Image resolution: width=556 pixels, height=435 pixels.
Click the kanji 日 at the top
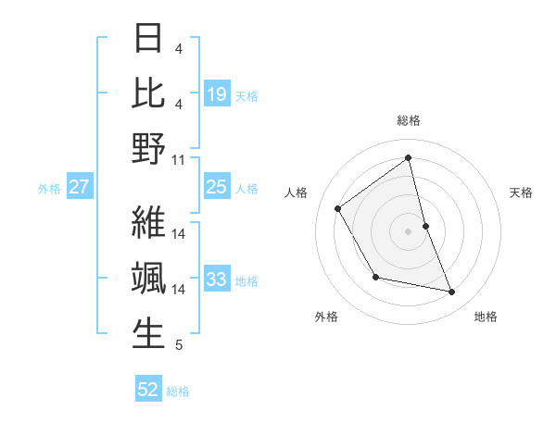coord(148,39)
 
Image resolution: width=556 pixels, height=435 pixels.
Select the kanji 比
coord(148,93)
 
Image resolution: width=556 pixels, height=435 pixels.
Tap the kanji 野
coord(148,149)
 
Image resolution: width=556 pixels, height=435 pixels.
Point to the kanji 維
coord(148,222)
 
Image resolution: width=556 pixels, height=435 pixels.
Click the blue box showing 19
coord(217,94)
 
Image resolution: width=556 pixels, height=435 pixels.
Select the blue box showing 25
coord(217,187)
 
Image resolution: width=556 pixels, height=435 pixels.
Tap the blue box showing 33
coord(217,280)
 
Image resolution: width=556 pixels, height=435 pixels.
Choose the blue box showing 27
coord(80,187)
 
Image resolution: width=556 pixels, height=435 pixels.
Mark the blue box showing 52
coord(148,390)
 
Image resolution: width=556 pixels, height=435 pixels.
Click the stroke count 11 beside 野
coord(179,160)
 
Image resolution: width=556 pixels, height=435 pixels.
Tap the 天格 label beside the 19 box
coord(246,95)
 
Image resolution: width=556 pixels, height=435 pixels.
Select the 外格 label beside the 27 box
coord(49,188)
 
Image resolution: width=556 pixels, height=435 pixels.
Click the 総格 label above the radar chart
coord(409,120)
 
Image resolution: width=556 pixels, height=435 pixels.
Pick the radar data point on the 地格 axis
coord(452,292)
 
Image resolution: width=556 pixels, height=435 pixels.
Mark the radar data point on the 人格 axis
coord(338,208)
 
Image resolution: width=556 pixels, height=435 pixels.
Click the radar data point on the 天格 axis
coord(425,226)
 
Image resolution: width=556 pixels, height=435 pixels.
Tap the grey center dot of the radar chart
coord(409,231)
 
